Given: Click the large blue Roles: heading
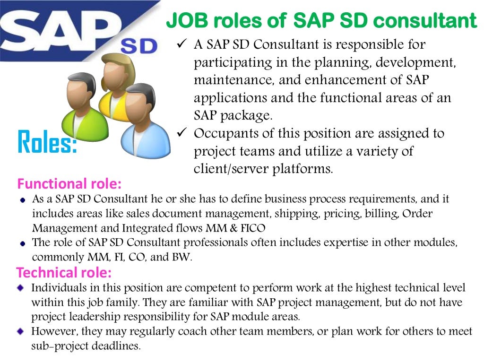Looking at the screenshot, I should [47, 142].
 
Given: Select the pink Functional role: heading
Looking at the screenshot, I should [69, 183].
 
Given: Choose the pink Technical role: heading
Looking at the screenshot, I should [64, 272].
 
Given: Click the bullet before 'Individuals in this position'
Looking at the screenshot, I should [20, 288].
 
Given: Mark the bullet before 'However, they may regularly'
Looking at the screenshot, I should [20, 331].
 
